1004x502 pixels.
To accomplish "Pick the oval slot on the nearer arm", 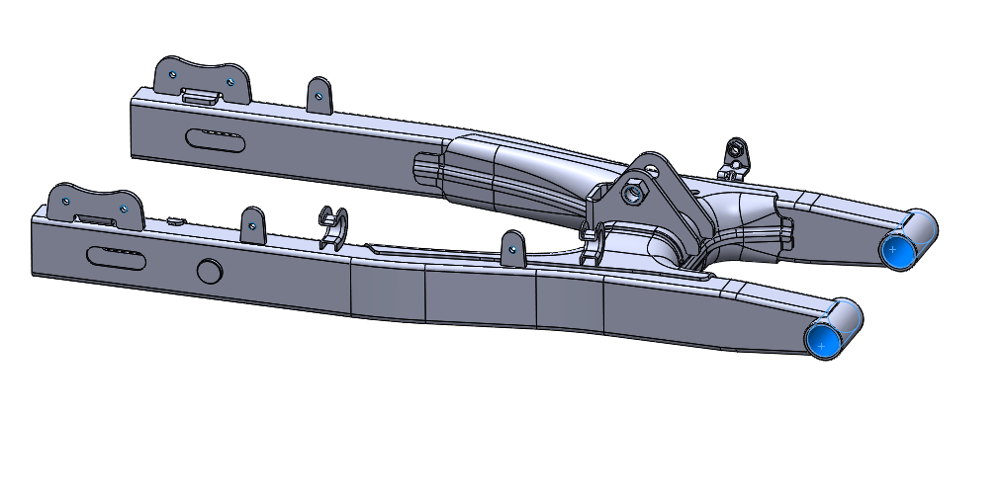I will click(x=118, y=256).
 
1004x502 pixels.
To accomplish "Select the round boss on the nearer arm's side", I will click(x=209, y=270).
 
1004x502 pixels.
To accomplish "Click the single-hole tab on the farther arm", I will click(x=319, y=95).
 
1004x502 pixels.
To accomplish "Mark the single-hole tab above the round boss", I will click(x=254, y=223).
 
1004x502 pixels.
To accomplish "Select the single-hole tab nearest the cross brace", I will click(x=511, y=248).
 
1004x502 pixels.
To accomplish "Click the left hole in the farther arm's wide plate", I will click(x=174, y=73).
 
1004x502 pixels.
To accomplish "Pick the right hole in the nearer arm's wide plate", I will click(x=124, y=208).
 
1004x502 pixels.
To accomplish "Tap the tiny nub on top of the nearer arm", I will click(x=173, y=218).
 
